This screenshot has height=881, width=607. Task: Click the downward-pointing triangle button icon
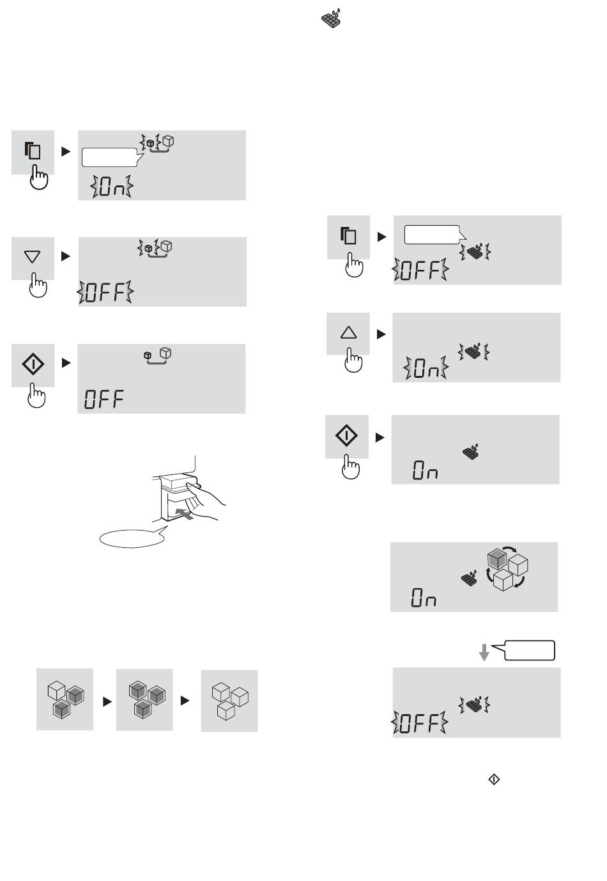pos(32,257)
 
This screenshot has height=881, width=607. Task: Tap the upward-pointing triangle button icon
pos(348,332)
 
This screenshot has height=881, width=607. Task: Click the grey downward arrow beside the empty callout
pos(484,653)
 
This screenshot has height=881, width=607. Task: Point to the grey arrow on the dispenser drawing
pos(185,513)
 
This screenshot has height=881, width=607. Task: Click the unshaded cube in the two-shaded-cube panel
pos(56,690)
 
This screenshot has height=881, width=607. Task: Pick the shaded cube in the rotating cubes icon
pos(497,559)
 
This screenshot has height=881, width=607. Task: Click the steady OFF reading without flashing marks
pos(104,399)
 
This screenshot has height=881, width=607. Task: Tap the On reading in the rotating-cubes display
pos(424,597)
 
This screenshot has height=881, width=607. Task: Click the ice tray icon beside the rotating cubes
pos(469,578)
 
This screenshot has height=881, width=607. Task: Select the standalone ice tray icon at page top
pos(331,18)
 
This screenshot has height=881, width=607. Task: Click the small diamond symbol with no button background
pos(494,779)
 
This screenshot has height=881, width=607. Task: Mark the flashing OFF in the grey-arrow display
pos(420,722)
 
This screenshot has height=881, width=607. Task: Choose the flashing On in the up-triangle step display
pos(426,368)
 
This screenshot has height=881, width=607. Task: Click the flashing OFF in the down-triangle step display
pos(105,292)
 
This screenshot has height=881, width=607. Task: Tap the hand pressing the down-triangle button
pos(38,285)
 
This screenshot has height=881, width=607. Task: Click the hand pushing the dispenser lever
pos(204,501)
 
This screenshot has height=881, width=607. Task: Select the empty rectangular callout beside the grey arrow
pos(529,651)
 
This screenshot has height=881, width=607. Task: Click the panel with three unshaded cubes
pos(229,701)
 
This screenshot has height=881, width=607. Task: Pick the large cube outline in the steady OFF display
pos(165,353)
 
